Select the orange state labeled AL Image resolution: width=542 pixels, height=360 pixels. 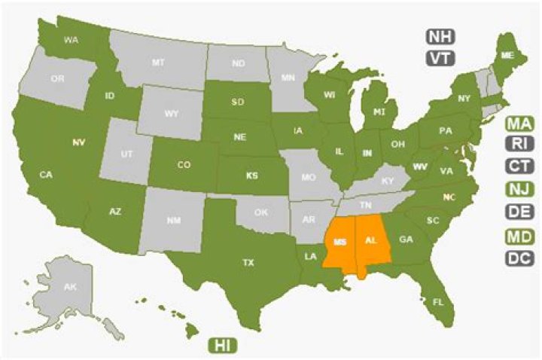(370, 242)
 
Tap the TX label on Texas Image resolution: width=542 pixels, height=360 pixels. (248, 263)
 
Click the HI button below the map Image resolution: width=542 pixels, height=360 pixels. (222, 345)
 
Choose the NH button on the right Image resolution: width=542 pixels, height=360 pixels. (439, 36)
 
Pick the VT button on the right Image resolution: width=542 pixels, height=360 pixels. (439, 58)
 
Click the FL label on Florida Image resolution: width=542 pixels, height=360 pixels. (436, 301)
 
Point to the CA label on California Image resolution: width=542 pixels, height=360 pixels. (45, 175)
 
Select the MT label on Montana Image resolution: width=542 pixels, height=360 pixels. (157, 63)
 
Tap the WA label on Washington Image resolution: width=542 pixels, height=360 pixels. (72, 40)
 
